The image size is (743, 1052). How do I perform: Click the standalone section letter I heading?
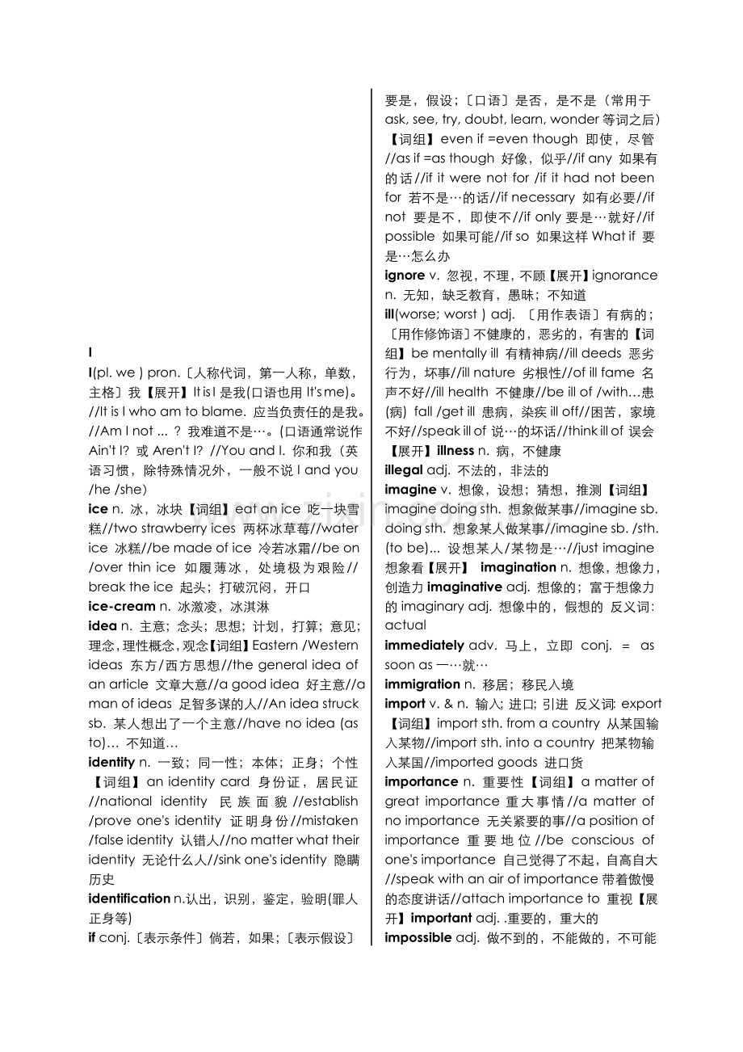[x=90, y=353]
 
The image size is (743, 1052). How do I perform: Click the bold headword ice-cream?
[x=121, y=606]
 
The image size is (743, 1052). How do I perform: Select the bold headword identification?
[x=129, y=898]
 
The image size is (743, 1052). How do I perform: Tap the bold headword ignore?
[x=405, y=276]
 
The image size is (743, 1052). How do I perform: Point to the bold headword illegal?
[x=404, y=470]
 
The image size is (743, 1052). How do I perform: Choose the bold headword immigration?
[x=422, y=684]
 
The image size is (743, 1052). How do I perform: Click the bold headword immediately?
[x=424, y=646]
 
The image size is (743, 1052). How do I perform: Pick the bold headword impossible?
[x=418, y=937]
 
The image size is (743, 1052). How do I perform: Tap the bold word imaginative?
[x=464, y=587]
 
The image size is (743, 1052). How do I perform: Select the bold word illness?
[x=455, y=451]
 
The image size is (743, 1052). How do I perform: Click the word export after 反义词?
[x=641, y=704]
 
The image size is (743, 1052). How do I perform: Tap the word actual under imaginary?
[x=405, y=625]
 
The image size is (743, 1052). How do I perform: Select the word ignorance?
[x=625, y=276]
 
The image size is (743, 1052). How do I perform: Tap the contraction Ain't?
[x=104, y=450]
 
